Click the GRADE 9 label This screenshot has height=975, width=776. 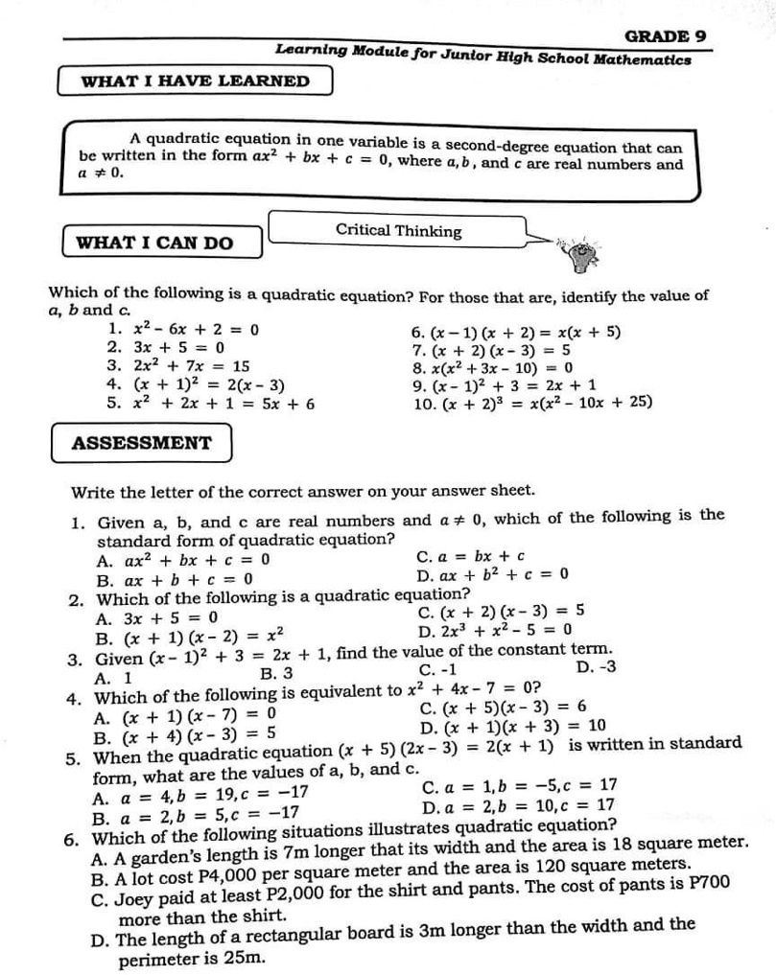pos(666,36)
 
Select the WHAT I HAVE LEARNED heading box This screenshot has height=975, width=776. pos(196,81)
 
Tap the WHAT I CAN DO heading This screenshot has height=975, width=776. pos(154,243)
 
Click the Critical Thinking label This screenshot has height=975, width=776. pos(398,230)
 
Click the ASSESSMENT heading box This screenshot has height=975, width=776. pos(142,443)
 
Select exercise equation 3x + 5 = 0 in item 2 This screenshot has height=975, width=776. pos(177,347)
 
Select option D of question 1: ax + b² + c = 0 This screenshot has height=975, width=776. pos(493,575)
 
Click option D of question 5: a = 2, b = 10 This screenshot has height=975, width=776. pos(518,805)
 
